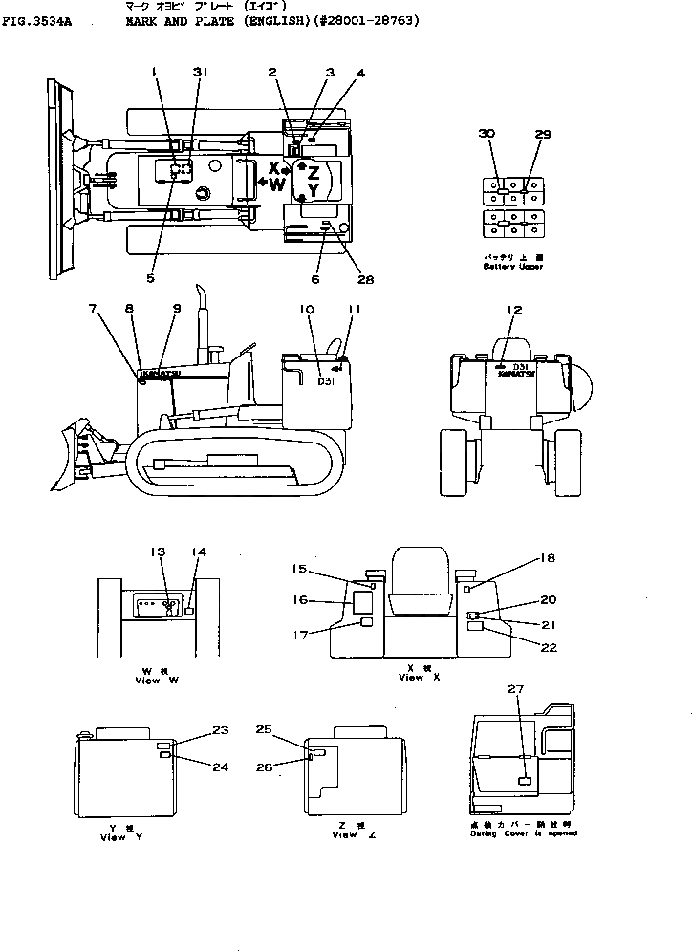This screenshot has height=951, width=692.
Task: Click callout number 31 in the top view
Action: tap(199, 72)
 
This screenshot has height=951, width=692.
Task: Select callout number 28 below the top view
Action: tap(365, 280)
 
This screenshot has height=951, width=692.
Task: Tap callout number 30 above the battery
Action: tap(487, 136)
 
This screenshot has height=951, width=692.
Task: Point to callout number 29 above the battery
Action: tap(543, 136)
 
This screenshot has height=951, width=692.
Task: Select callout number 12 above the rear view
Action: tap(515, 311)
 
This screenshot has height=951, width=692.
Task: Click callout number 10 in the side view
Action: tap(307, 311)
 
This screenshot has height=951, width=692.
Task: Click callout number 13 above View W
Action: tap(159, 551)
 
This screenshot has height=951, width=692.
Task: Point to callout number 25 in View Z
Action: tap(263, 729)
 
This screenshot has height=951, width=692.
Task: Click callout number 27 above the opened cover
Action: tap(516, 689)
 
